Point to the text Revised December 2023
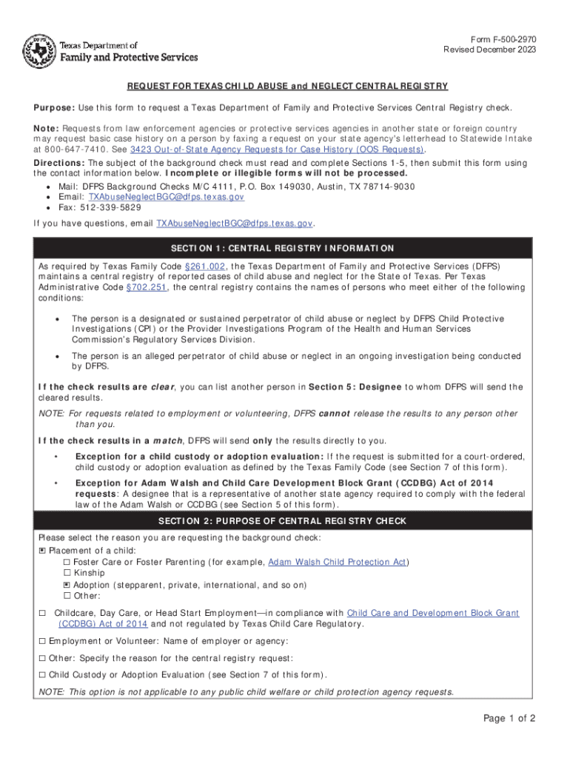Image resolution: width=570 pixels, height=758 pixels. point(489,50)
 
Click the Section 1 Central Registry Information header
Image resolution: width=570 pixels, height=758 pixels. point(285,248)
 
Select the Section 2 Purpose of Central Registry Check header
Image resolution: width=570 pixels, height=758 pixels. point(285,521)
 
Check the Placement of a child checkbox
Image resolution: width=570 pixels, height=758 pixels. point(42,551)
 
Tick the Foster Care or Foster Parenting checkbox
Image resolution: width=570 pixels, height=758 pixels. point(67,563)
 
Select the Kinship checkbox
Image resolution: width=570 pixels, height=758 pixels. point(67,574)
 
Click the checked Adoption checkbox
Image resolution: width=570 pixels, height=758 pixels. point(67,585)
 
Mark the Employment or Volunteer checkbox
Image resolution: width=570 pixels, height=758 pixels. point(42,641)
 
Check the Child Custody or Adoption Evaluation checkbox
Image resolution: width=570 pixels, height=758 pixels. point(42,675)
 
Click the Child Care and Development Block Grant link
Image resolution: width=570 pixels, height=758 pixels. point(433,613)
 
